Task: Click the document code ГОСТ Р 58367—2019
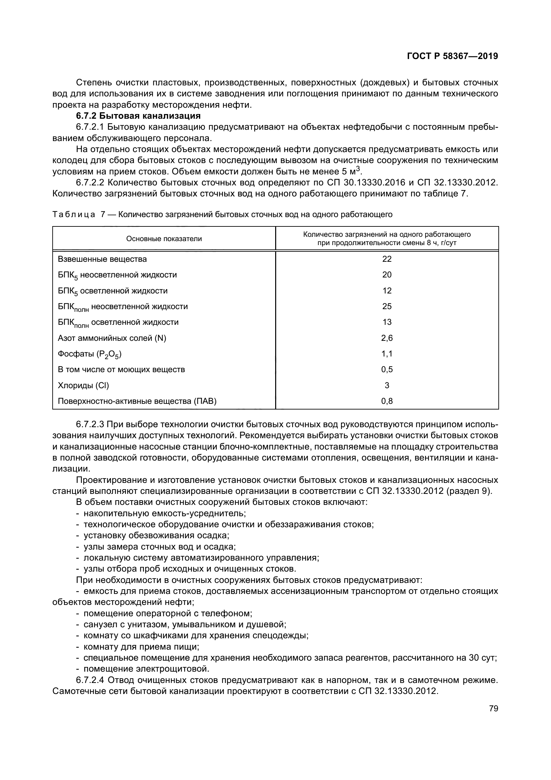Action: coord(452,56)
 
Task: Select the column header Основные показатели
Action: coord(164,238)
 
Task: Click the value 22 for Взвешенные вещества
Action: coord(387,259)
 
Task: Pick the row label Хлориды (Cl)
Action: coord(84,385)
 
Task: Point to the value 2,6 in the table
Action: coord(387,338)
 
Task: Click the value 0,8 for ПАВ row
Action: coord(387,401)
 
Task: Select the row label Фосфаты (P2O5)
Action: coord(90,354)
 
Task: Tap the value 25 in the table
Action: coord(387,306)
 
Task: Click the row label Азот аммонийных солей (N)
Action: coord(112,338)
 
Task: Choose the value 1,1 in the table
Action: coord(387,353)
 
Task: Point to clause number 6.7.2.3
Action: coord(91,425)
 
